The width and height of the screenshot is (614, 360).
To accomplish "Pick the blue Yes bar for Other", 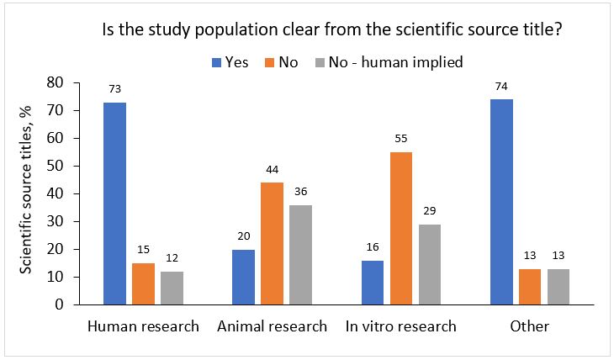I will [502, 202].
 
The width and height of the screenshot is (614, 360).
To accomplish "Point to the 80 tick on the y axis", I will [56, 82].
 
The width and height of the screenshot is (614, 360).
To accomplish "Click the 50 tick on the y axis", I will [56, 166].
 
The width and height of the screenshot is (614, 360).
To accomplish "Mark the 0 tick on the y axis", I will [60, 304].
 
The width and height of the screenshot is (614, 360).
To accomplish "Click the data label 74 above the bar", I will [502, 86].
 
